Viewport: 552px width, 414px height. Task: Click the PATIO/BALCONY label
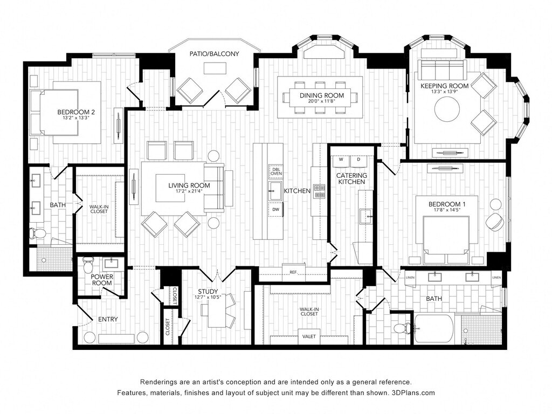(214, 54)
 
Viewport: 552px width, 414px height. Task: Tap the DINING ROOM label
(321, 95)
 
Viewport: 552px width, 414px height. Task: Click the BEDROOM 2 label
(76, 112)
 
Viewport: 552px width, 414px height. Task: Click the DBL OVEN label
(275, 171)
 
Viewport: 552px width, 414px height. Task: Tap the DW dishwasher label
(275, 210)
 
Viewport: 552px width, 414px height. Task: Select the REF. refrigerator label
(293, 272)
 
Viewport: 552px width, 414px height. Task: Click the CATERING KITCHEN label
(352, 178)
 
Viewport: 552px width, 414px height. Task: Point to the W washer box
(341, 160)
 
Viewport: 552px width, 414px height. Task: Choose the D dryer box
(358, 160)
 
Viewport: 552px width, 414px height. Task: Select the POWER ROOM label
(102, 280)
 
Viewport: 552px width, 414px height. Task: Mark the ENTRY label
(108, 319)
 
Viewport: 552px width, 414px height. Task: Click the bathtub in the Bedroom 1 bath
(433, 328)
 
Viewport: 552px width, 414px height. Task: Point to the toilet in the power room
(89, 264)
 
